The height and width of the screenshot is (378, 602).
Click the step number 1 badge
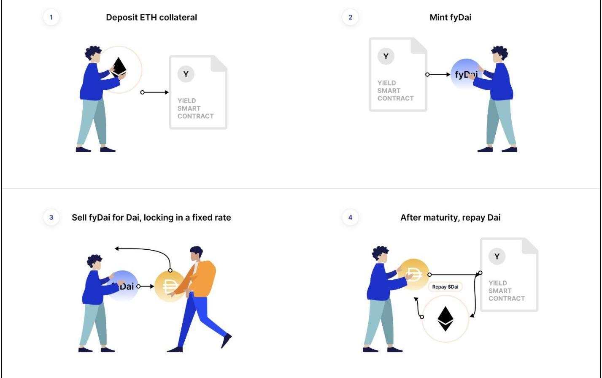point(51,17)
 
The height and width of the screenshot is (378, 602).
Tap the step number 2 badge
point(350,17)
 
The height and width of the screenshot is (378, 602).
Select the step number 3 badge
point(51,217)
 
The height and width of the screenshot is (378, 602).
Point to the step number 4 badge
point(350,217)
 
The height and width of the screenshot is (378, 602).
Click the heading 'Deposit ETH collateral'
point(151,17)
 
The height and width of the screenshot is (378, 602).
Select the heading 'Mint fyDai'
point(450,17)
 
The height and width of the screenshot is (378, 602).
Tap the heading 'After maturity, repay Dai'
point(450,218)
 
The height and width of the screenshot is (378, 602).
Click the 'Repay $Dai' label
point(445,287)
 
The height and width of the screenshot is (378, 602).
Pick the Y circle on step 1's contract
point(186,74)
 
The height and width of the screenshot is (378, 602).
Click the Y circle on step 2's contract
point(386,56)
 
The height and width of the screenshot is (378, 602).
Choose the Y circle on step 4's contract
point(497,256)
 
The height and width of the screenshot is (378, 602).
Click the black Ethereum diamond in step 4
point(445,319)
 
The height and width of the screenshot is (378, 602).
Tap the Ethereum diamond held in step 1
point(119,67)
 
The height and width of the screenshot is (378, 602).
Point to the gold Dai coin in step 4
point(413,274)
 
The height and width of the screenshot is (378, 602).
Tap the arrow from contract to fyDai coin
point(438,75)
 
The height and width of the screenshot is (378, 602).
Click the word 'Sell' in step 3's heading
point(79,218)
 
